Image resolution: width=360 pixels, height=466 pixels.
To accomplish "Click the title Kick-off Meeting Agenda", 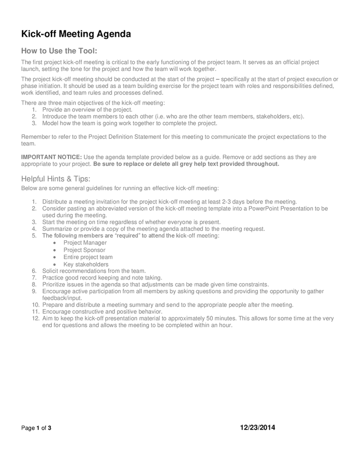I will [x=76, y=34].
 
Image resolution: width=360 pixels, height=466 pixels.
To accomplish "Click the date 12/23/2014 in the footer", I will [x=258, y=428].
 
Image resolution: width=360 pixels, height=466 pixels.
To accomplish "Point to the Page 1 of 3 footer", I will [x=36, y=428].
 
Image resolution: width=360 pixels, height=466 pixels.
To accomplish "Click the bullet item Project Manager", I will [x=85, y=242].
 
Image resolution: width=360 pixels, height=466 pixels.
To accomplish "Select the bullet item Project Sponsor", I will [x=84, y=250].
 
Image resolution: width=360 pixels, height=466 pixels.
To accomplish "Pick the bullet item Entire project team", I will [x=88, y=257].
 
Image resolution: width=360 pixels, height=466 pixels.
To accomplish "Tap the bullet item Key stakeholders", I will [x=86, y=264].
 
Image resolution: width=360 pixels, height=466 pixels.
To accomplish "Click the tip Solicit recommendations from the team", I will [x=94, y=271].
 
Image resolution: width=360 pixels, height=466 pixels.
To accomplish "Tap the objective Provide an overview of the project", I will [x=87, y=110].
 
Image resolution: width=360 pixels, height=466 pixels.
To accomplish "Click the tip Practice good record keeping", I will [x=102, y=278].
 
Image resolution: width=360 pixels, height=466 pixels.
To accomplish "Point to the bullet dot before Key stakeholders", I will [x=55, y=265].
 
